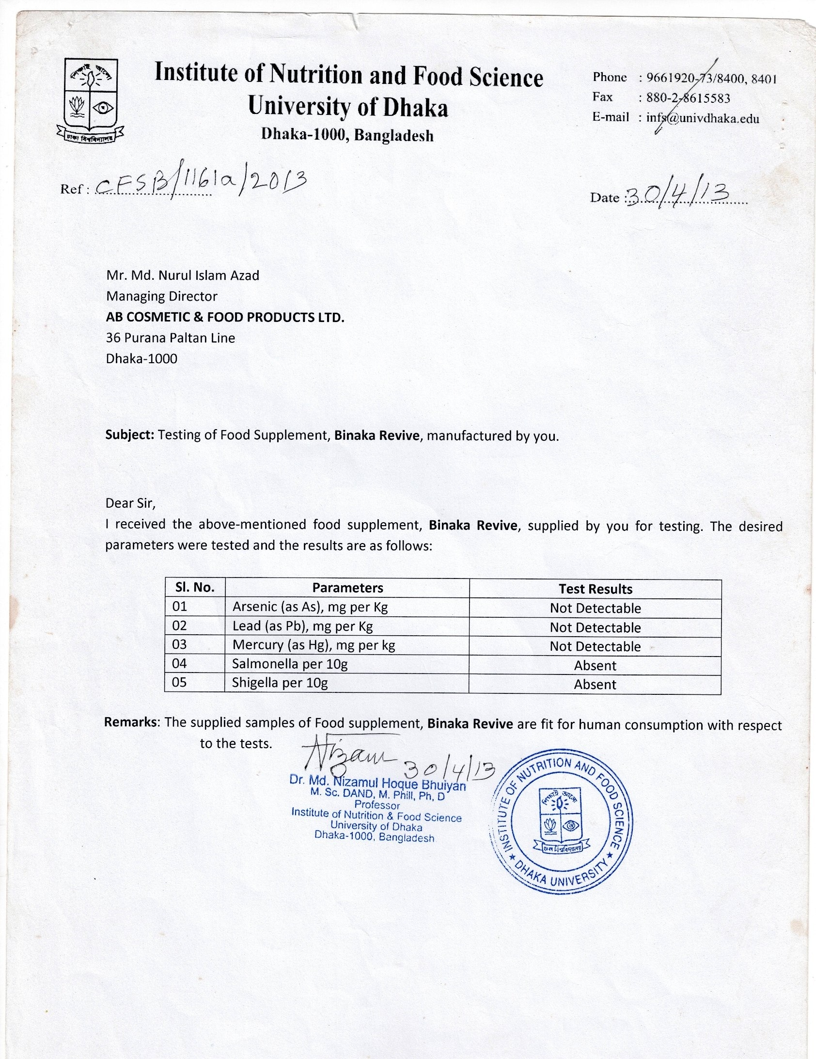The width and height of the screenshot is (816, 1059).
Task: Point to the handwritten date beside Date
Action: (678, 194)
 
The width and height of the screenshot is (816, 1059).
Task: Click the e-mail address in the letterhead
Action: (703, 118)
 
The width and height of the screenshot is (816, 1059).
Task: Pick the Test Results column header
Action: (595, 589)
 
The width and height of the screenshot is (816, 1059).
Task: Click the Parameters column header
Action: (347, 588)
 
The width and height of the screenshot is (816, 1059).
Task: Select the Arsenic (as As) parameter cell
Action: (310, 607)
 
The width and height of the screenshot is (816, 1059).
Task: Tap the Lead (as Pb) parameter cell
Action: (302, 626)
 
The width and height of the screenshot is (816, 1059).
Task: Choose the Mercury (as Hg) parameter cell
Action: (314, 645)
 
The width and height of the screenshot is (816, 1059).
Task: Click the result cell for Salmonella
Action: (595, 665)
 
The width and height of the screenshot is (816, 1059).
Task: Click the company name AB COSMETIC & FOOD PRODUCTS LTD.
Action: (225, 317)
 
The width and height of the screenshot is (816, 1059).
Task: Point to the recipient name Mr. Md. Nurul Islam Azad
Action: (183, 275)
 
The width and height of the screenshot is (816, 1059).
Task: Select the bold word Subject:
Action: (129, 434)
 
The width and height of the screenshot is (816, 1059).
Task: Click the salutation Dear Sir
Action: (130, 503)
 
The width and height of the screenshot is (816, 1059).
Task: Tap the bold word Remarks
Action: (131, 722)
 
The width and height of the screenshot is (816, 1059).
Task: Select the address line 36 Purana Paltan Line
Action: (171, 338)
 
